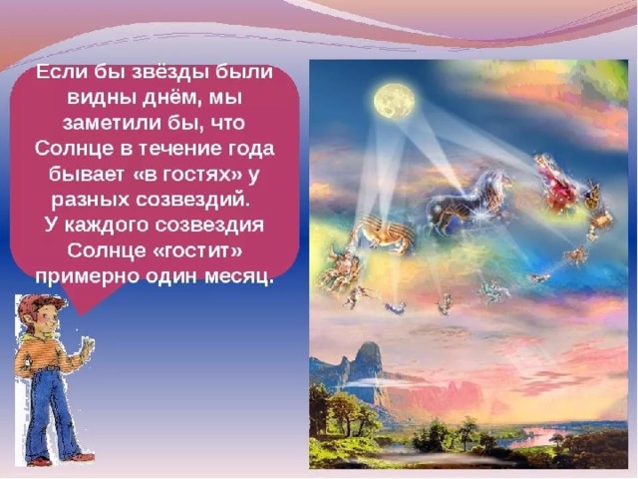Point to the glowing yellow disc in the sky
[395, 101]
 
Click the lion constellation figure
[468, 204]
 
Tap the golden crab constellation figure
[383, 237]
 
